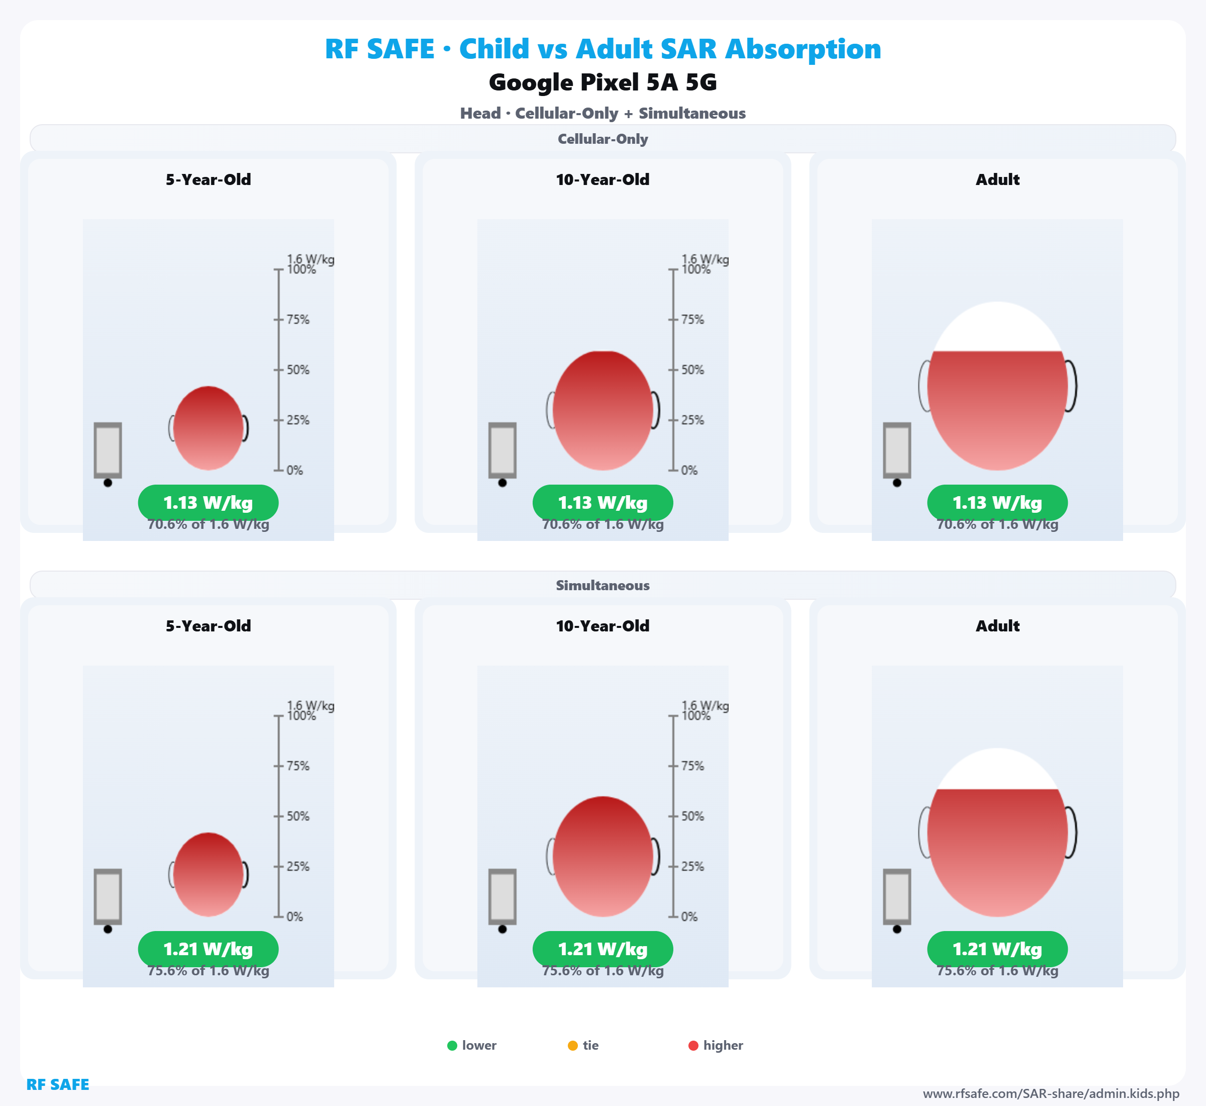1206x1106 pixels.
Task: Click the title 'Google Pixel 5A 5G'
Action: [x=602, y=82]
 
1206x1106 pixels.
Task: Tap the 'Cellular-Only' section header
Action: [x=602, y=139]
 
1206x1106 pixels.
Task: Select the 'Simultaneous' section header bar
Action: [x=602, y=585]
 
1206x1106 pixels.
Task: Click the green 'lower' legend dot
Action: [x=452, y=1046]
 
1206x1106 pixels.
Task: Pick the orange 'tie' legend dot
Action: [x=572, y=1046]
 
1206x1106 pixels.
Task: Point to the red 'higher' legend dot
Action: [x=693, y=1046]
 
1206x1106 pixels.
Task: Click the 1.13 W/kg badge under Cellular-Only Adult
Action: [x=997, y=503]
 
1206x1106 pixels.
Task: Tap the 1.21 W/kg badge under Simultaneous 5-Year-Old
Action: [x=208, y=949]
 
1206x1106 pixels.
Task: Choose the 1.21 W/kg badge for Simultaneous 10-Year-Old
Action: [x=602, y=949]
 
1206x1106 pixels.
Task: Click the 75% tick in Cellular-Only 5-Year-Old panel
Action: [x=279, y=320]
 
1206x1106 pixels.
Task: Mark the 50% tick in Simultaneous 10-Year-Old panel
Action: [x=673, y=816]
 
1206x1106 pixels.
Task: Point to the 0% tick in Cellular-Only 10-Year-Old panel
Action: [x=673, y=471]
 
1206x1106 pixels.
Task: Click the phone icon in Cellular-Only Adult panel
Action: [x=897, y=450]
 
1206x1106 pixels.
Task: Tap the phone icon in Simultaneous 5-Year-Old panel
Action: [x=108, y=896]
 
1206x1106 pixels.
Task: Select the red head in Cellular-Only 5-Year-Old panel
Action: [x=208, y=428]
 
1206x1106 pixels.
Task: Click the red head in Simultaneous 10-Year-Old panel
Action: [x=602, y=857]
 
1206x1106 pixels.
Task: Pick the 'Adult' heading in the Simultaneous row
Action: [x=997, y=626]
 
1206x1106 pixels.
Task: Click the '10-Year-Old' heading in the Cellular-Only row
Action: [x=602, y=179]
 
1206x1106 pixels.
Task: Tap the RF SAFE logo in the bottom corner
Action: [x=57, y=1084]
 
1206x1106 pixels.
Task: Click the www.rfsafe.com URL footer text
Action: [x=1051, y=1094]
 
